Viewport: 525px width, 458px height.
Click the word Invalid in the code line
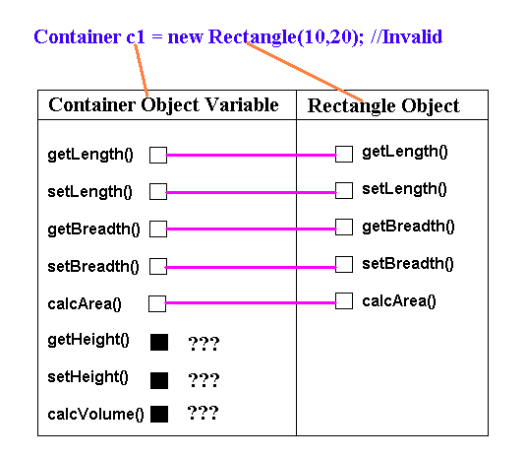click(413, 36)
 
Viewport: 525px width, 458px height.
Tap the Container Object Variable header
click(163, 104)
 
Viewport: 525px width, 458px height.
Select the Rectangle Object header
click(383, 106)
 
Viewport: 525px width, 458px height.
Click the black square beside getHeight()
click(159, 342)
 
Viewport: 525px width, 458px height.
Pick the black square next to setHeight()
click(159, 380)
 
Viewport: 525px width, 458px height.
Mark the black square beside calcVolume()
click(159, 414)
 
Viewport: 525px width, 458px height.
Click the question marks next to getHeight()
click(204, 343)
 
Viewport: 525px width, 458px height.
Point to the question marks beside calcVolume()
click(203, 413)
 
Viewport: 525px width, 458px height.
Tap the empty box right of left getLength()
click(158, 155)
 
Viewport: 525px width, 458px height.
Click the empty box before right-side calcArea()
click(344, 300)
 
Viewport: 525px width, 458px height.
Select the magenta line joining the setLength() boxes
click(251, 192)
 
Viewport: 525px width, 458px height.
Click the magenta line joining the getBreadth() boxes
click(251, 229)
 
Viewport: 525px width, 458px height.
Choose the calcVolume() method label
click(95, 415)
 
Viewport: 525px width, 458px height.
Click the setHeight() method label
click(87, 377)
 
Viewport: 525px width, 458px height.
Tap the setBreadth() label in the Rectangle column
click(408, 264)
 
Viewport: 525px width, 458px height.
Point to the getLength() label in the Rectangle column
click(405, 152)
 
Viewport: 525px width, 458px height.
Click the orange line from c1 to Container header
click(142, 70)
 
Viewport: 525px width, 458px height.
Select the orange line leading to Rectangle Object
click(305, 72)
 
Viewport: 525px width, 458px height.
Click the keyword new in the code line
click(185, 36)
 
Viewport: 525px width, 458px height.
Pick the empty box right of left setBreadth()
click(158, 266)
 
